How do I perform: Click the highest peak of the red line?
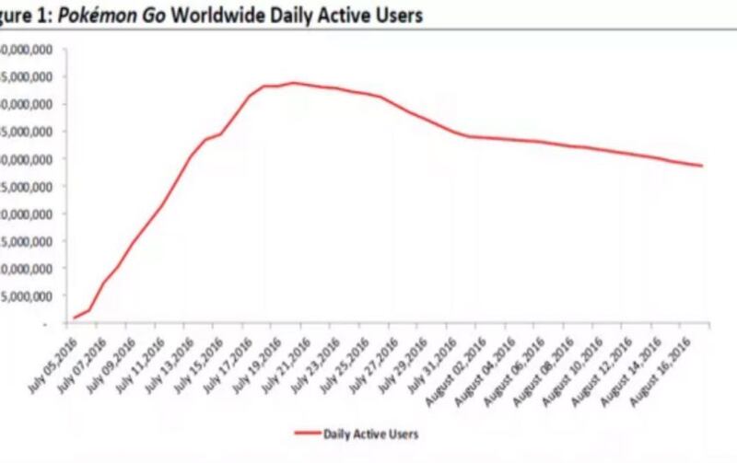pos(293,83)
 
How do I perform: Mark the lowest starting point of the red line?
pos(75,318)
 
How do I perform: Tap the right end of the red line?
pos(703,166)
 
